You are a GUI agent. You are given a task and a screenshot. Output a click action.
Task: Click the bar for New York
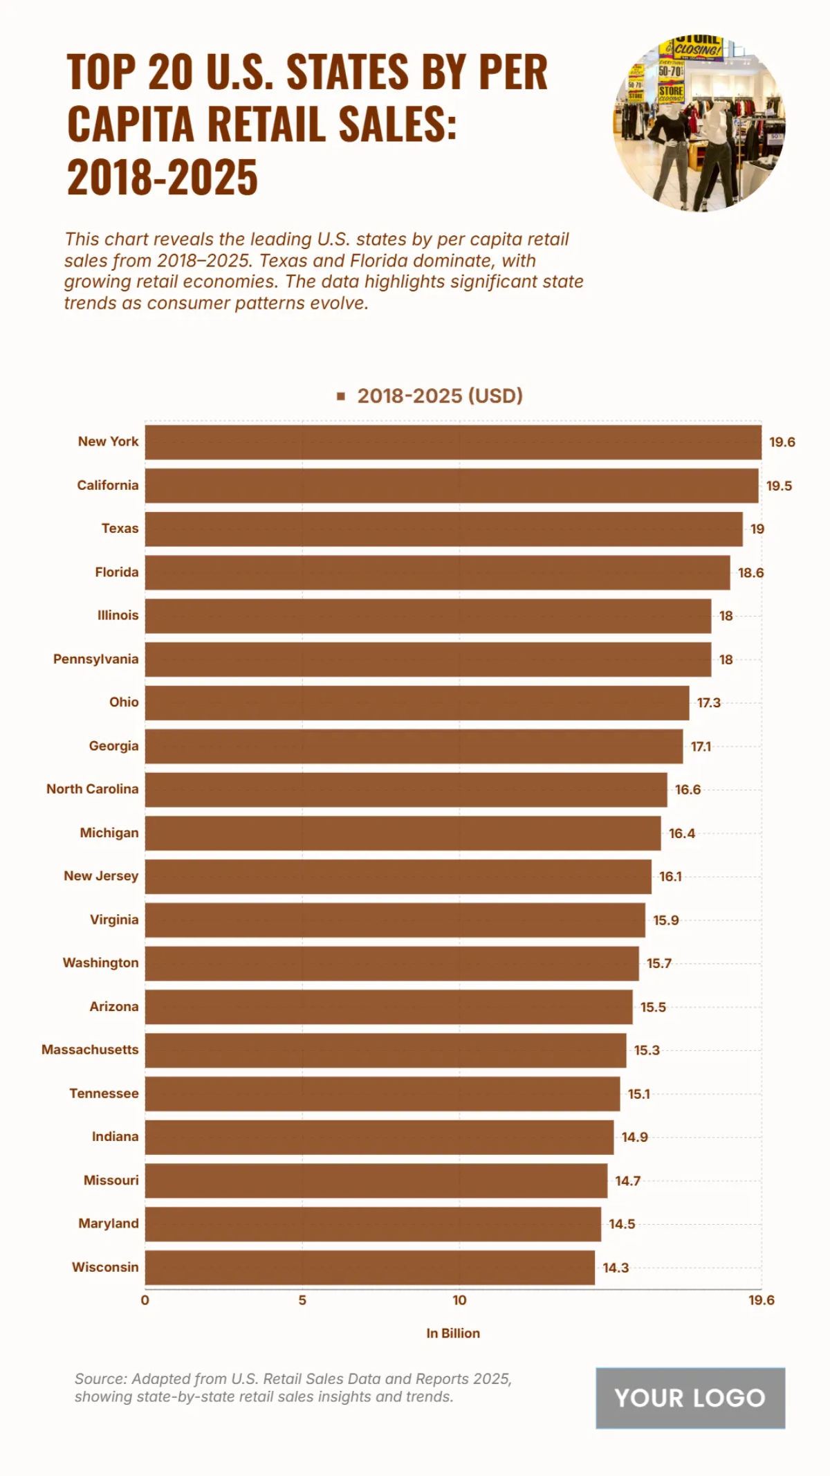(453, 442)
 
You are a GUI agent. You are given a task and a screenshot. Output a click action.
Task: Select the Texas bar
(443, 529)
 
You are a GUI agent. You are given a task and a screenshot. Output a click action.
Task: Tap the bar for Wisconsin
(369, 1268)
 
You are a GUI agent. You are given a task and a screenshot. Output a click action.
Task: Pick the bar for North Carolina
(406, 790)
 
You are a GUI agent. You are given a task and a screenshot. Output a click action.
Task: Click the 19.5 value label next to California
(779, 486)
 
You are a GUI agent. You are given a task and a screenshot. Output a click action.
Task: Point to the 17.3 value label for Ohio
(708, 703)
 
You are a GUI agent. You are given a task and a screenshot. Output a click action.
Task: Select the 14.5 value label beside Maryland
(622, 1224)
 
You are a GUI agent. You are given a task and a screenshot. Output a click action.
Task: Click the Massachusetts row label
(90, 1050)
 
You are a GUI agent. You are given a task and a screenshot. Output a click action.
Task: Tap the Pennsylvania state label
(95, 659)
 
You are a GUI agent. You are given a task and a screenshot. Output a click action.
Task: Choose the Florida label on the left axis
(116, 572)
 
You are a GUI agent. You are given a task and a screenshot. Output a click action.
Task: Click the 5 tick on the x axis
(302, 1300)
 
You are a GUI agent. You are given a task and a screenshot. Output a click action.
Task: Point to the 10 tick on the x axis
(459, 1300)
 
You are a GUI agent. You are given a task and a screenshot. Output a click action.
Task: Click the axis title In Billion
(453, 1333)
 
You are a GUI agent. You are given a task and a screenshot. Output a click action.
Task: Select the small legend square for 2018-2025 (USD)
(340, 397)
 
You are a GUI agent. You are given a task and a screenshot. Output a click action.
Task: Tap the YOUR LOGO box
(690, 1398)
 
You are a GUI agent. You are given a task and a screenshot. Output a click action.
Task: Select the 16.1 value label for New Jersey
(670, 877)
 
